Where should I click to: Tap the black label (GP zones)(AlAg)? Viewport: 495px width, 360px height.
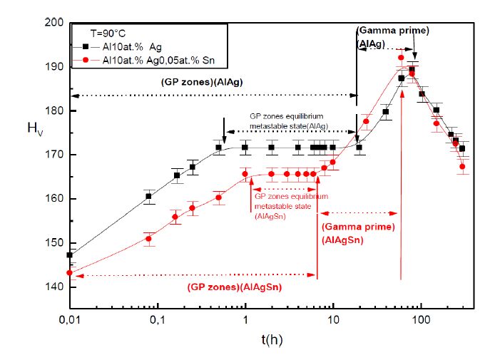point(203,83)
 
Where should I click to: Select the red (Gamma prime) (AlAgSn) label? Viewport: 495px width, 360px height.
point(354,234)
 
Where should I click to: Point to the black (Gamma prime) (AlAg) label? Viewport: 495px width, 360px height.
point(393,37)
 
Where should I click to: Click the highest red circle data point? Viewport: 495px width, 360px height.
point(401,58)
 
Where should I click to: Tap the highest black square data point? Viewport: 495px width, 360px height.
point(412,69)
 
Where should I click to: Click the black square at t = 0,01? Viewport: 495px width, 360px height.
point(70,254)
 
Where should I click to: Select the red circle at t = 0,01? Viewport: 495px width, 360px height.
point(70,272)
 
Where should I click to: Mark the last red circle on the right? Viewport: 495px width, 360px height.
point(463,167)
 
